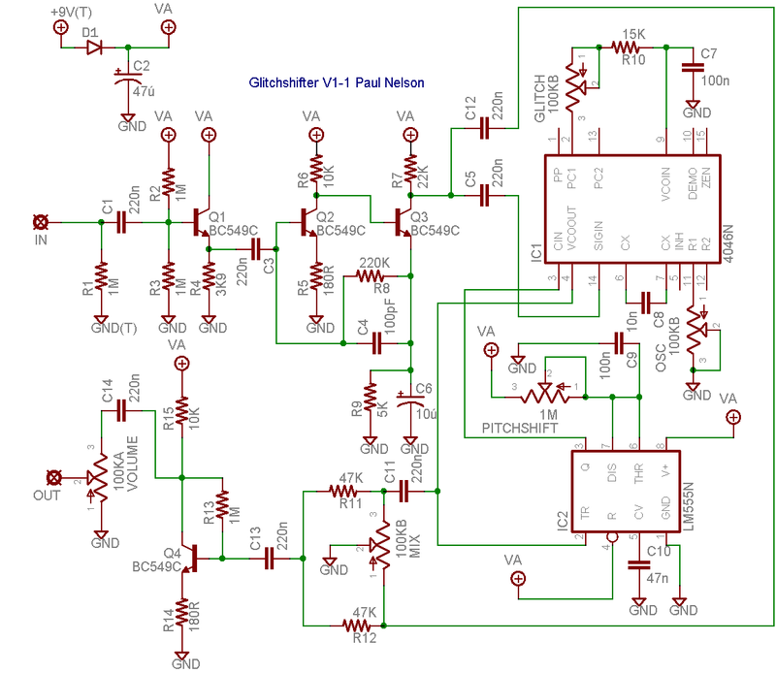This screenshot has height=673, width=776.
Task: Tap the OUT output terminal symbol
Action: coord(55,477)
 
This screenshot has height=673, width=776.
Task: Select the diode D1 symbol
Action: coord(93,47)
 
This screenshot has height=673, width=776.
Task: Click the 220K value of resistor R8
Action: coord(374,262)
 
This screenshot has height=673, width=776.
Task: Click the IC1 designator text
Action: coord(536,254)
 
